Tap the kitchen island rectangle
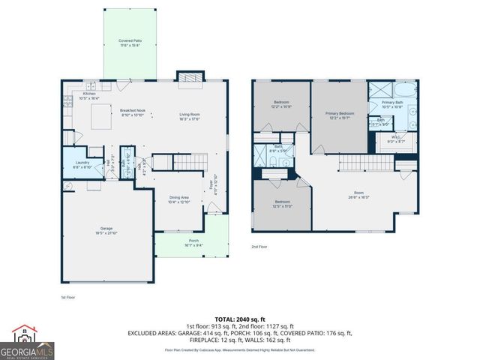[x=100, y=116]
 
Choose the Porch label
[x=193, y=243]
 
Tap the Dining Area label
[x=178, y=199]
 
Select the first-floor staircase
[x=179, y=163]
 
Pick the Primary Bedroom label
[x=339, y=115]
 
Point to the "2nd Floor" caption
[x=259, y=247]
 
